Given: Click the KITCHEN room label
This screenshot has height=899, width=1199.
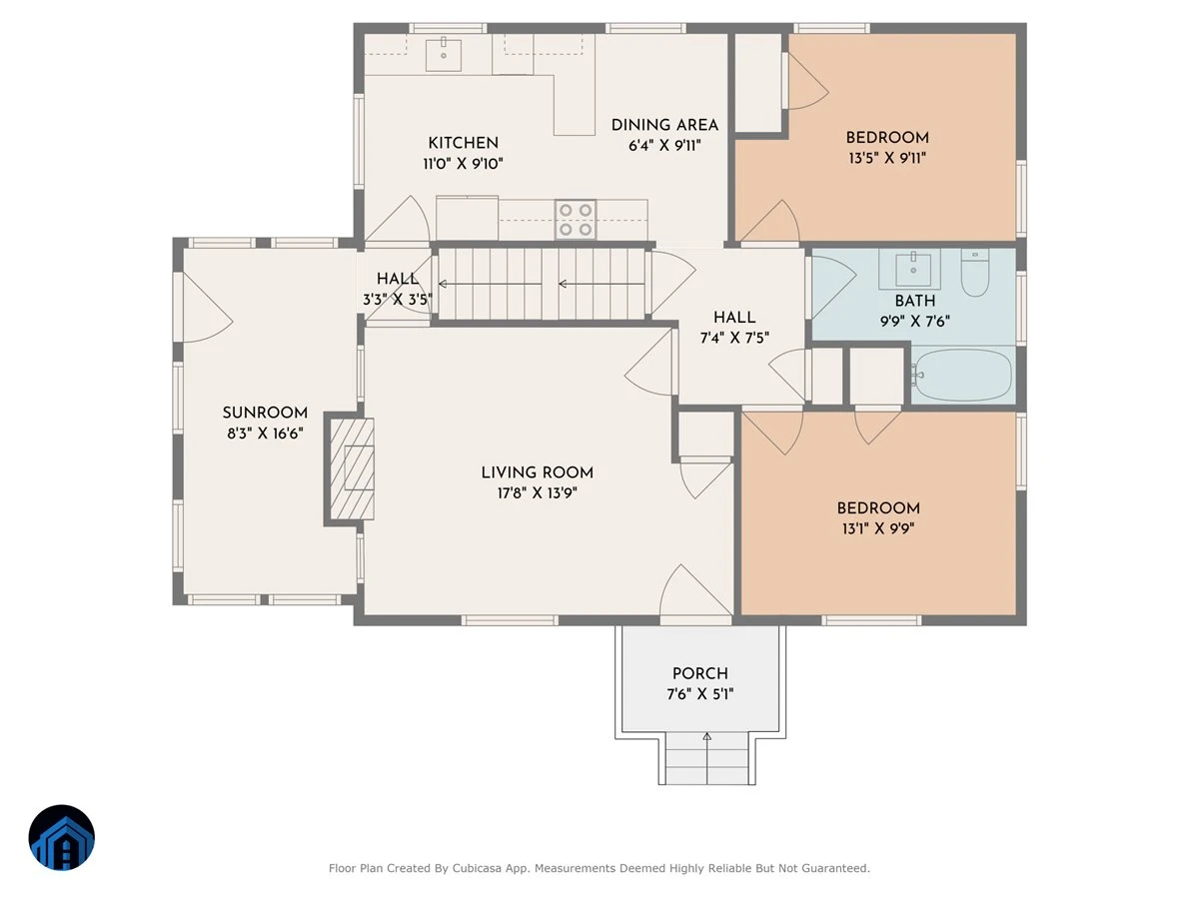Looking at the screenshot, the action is [x=463, y=143].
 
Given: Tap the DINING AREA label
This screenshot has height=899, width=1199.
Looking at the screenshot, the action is [x=664, y=125].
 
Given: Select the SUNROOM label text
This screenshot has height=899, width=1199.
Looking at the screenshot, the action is [x=265, y=413].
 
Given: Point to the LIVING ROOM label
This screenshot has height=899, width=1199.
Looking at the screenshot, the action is [x=537, y=472].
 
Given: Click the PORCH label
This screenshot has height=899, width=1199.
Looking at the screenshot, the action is [x=699, y=673].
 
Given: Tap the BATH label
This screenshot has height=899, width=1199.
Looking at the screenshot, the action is [x=915, y=301].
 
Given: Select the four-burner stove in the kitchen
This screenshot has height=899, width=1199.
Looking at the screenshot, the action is [x=576, y=220].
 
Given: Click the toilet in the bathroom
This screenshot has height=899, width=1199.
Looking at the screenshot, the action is [x=974, y=273].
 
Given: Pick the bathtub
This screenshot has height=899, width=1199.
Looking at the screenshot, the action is [x=962, y=375].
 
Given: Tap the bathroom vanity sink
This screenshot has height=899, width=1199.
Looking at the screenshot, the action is [x=913, y=269].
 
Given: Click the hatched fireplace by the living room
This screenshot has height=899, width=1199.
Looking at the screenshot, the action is [x=353, y=468].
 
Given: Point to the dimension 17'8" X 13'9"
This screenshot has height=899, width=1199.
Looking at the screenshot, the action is [x=537, y=493].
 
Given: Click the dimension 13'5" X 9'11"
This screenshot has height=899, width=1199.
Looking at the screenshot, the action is [x=887, y=158].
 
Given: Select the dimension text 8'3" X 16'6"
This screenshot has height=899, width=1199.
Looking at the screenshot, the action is [x=265, y=434].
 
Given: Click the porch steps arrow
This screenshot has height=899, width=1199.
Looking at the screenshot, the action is [x=706, y=758].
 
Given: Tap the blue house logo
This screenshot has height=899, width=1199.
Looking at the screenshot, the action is [x=62, y=837].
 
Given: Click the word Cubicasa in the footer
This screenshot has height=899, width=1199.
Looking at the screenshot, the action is [x=477, y=868].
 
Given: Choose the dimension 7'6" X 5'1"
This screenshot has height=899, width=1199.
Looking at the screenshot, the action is [x=699, y=694].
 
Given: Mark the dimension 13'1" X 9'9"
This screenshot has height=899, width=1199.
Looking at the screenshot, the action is [x=878, y=529].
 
